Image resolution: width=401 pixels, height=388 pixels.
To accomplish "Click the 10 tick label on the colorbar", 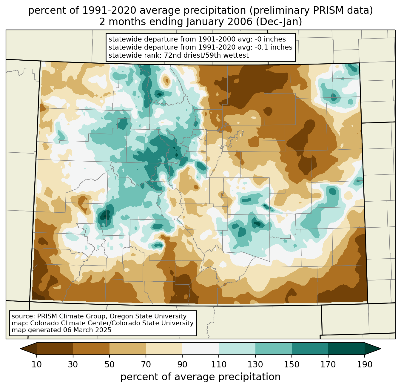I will click(37, 365).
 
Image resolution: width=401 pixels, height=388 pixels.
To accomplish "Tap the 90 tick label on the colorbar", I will click(182, 365).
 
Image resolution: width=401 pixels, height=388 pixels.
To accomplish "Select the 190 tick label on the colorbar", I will click(365, 365).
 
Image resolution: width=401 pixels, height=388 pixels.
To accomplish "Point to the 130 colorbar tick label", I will click(255, 365).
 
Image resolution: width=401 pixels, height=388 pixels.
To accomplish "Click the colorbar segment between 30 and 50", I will click(91, 349).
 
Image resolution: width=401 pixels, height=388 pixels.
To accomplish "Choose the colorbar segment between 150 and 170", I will click(310, 349).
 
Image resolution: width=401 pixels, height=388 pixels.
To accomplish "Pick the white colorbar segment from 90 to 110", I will click(200, 349).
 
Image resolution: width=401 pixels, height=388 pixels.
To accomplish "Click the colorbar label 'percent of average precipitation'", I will click(200, 377).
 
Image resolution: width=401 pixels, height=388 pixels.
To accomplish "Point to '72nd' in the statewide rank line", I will click(173, 55).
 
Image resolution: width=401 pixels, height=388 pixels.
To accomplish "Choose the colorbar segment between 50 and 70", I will click(128, 349).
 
